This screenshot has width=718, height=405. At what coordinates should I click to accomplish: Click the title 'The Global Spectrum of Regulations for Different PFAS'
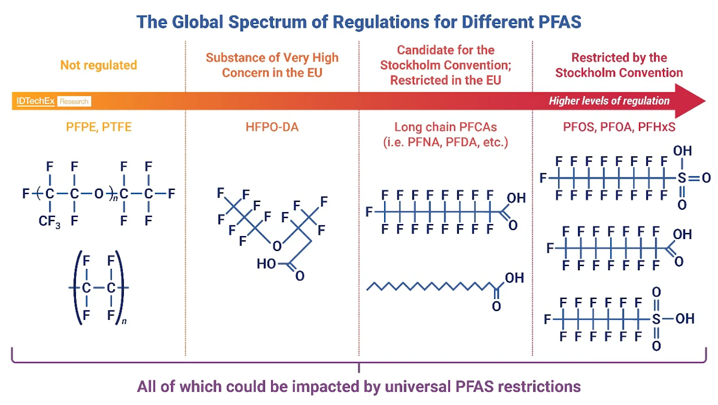pos(359,22)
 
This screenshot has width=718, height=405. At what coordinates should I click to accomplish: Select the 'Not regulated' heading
pos(98,65)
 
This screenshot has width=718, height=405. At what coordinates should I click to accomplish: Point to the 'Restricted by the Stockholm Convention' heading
pos(619,65)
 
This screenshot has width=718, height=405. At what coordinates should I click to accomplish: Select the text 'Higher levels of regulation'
pos(609,101)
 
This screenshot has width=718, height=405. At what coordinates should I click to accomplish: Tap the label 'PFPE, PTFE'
pos(98,128)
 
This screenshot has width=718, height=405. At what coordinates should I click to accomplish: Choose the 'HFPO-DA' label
pos(272,128)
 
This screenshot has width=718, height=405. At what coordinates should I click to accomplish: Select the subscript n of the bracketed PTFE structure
pos(124,322)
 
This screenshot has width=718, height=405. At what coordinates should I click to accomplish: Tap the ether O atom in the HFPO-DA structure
pos(276,246)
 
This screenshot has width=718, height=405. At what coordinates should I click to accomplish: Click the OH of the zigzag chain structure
pos(514,278)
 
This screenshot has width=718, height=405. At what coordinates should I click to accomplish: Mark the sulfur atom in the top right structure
pos(682,178)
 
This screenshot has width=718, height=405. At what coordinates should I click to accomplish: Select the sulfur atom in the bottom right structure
pos(656,319)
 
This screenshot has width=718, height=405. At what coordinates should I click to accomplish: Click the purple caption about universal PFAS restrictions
pos(359,386)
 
